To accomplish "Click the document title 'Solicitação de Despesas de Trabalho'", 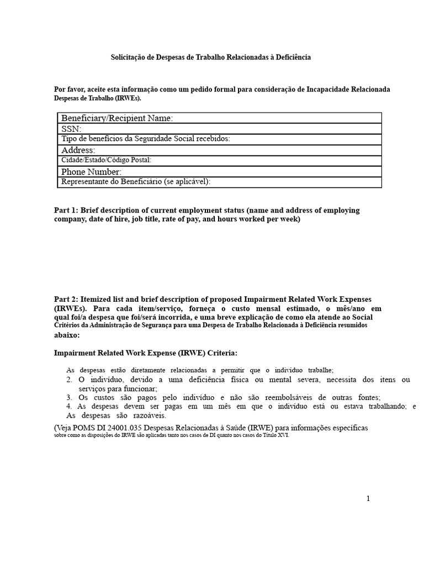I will coord(211,57).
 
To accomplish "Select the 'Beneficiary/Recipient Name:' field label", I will coord(117,118).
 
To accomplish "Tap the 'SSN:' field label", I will coord(71,129).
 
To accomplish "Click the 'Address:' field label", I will coord(78,150).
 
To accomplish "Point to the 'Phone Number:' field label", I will coord(91,172).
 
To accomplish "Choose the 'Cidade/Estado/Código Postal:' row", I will coord(106,161).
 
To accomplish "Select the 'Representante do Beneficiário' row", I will coord(136,182).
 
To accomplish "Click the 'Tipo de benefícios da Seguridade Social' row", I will coord(145,139).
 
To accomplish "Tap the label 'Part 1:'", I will coord(67,210).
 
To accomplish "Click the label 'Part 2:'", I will coord(67,299).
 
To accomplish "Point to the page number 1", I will coord(368,499).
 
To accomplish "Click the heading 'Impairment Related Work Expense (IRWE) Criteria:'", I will coord(146,353).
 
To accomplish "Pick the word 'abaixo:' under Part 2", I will coord(67,335).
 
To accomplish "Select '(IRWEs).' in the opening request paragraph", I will coord(128,98).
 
